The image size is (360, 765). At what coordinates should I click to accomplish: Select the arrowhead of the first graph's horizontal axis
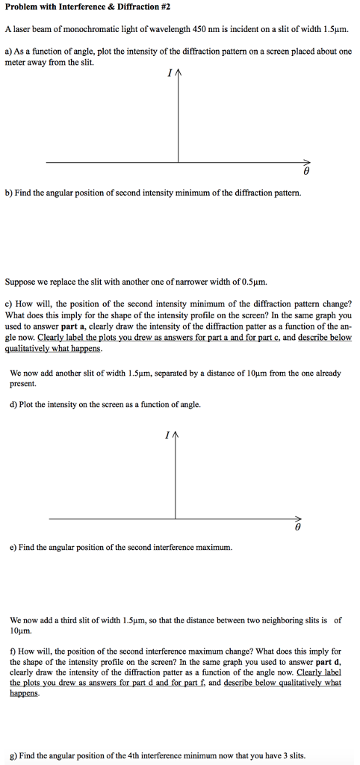pos(306,161)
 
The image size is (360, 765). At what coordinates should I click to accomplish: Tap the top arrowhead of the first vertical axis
pos(178,74)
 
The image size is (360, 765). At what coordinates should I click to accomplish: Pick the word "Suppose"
pos(21,282)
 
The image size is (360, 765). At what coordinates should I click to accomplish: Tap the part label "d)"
pos(14,404)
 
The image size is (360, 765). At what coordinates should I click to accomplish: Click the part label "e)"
pos(13,547)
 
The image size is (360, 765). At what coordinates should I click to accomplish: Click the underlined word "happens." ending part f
pos(25,693)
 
